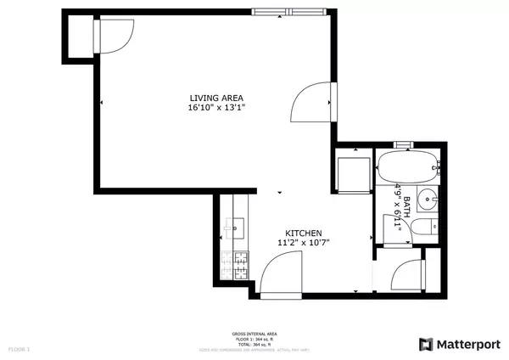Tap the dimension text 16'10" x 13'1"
pyautogui.click(x=216, y=108)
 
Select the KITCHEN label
pyautogui.click(x=303, y=233)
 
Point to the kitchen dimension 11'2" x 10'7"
pyautogui.click(x=303, y=243)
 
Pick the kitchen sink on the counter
pyautogui.click(x=236, y=227)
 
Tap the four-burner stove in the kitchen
pyautogui.click(x=239, y=266)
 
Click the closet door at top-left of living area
pyautogui.click(x=114, y=34)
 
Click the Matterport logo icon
pyautogui.click(x=425, y=344)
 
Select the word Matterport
pyautogui.click(x=469, y=344)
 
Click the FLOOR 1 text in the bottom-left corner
pyautogui.click(x=19, y=348)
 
